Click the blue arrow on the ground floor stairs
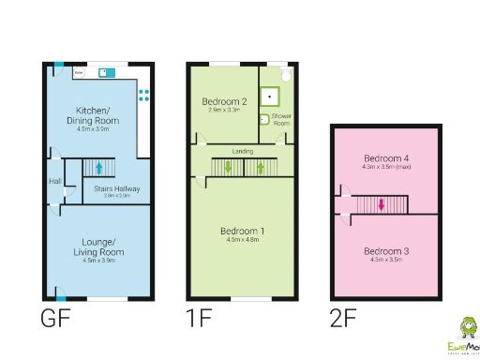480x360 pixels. pos(98,169)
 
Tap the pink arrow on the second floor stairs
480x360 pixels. pos(382,204)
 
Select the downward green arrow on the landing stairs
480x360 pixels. pos(228,169)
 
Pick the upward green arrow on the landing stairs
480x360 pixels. pos(260,169)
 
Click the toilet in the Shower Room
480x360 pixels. pos(285,72)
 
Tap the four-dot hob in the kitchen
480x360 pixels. pos(144,94)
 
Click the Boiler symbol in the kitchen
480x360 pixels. pos(80,70)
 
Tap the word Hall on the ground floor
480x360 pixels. pos(54,182)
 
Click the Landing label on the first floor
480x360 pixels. pos(243,150)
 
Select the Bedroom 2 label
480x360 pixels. pos(224,101)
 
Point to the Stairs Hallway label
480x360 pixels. pos(117,188)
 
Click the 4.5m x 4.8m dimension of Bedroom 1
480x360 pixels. pos(242,240)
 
